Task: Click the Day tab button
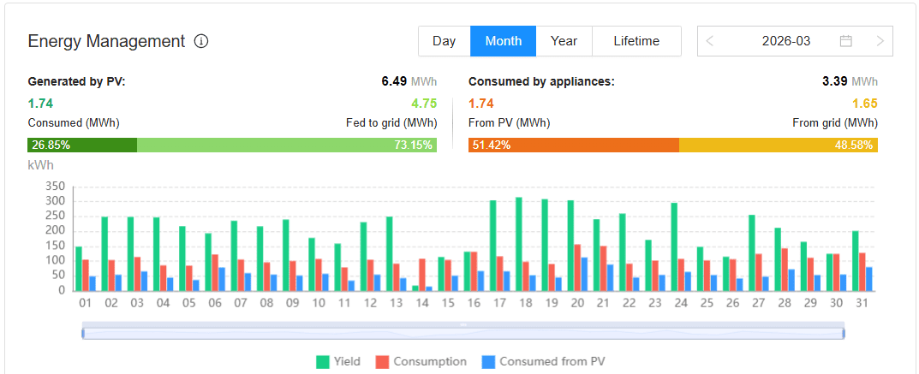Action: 444,41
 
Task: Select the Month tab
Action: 503,41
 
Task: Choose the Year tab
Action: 564,41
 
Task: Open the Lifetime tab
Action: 636,41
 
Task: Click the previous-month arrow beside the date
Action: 711,41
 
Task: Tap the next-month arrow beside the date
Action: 880,41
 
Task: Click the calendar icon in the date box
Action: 846,41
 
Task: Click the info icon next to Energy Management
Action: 201,41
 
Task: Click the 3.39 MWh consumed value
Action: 834,82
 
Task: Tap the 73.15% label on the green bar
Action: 413,145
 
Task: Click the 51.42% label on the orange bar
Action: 491,145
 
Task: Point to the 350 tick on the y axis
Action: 53,187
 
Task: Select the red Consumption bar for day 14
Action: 422,274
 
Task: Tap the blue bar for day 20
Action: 585,274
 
